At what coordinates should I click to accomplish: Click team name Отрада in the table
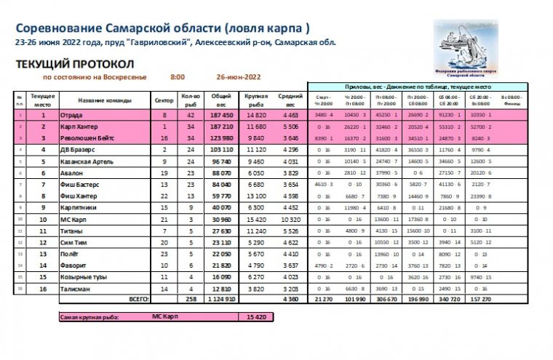tap(71, 115)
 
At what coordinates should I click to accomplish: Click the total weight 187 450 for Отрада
tap(221, 115)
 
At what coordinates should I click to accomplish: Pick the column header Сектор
tap(164, 100)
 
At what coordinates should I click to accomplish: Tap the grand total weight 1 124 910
tap(220, 299)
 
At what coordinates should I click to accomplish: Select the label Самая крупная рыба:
tap(90, 317)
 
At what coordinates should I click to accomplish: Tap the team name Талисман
tap(75, 289)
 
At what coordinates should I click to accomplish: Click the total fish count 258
tap(191, 299)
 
